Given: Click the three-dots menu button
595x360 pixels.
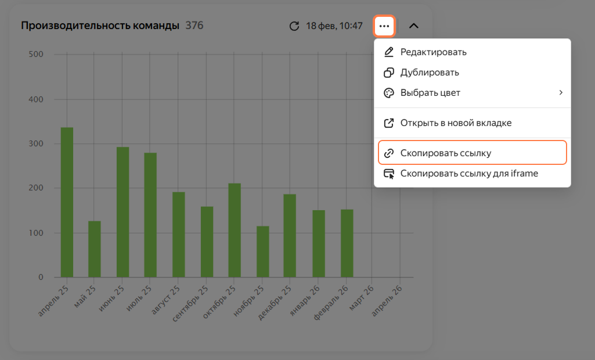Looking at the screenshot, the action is click(384, 26).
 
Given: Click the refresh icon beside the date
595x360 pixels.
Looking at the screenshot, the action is click(294, 26).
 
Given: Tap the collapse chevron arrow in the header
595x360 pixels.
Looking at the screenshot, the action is click(414, 26).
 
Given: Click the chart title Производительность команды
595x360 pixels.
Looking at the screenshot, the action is click(100, 26).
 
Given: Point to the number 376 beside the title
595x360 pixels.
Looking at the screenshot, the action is click(194, 26).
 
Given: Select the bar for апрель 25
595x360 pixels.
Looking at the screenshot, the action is click(67, 203).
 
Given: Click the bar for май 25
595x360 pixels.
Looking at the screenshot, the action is click(95, 249).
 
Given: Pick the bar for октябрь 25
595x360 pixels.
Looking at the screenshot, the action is click(235, 231).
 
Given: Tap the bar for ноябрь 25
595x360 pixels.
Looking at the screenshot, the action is click(263, 252).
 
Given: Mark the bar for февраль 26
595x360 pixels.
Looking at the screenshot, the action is click(347, 243).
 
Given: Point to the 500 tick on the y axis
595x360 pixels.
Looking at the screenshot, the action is click(36, 54).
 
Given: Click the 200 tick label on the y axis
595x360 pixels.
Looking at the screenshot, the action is click(36, 188).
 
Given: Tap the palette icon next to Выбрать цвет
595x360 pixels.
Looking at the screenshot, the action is click(389, 93).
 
